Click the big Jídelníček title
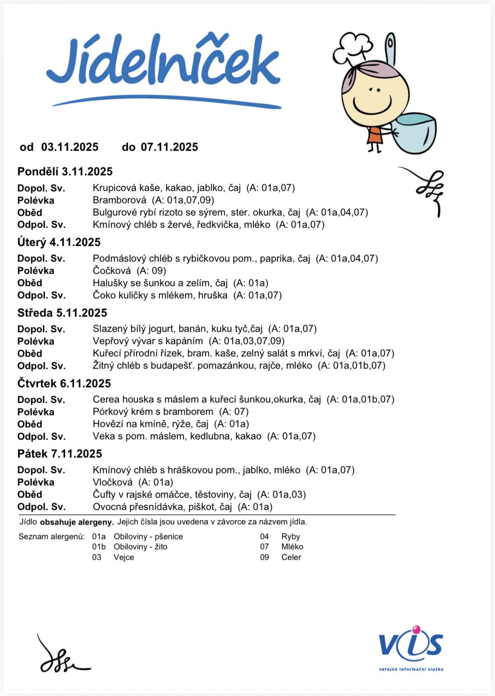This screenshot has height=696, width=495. point(163,63)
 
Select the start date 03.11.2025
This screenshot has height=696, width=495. point(70,147)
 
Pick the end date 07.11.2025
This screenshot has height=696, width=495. point(169,147)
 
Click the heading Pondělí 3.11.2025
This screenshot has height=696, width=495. point(65,172)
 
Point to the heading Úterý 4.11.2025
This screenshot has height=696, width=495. point(59,242)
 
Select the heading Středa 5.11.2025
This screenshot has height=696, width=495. point(62,313)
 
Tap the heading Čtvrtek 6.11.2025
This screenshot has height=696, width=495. point(64,384)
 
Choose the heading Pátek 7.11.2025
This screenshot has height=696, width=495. point(60,454)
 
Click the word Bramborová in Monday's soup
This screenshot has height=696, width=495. point(119,200)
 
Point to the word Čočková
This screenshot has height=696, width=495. point(112,271)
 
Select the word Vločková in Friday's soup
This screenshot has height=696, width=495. point(113,482)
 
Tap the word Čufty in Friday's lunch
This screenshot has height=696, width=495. point(104,495)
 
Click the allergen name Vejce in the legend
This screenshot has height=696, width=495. point(124,557)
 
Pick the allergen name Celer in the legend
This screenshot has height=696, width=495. point(291,557)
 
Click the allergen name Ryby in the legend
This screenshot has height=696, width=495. point(291,536)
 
